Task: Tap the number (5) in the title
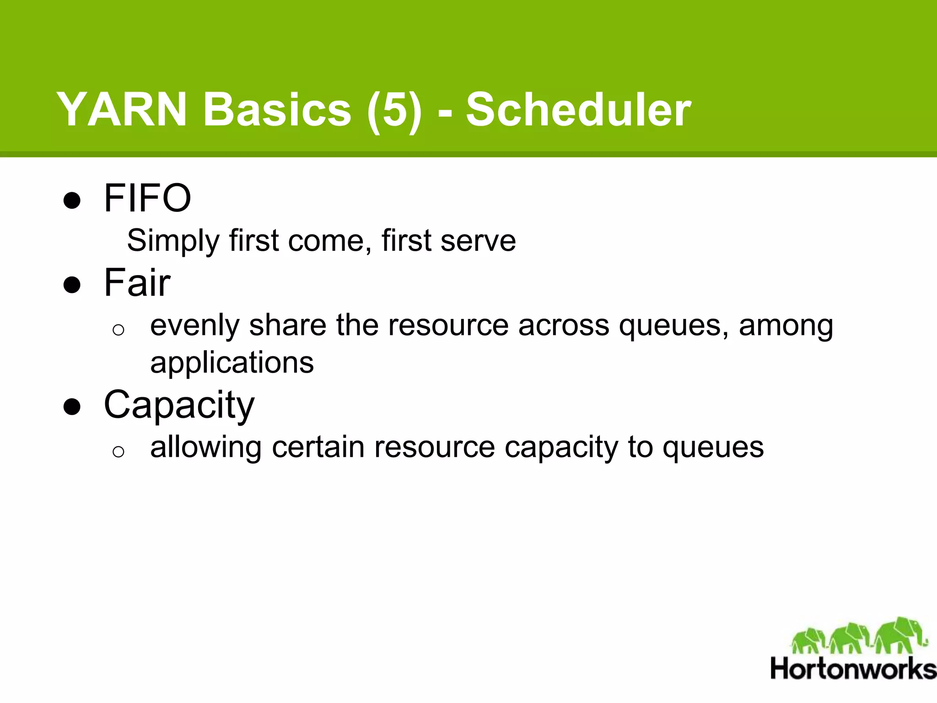pyautogui.click(x=394, y=110)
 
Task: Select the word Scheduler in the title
pyautogui.click(x=578, y=110)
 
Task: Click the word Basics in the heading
pyautogui.click(x=277, y=110)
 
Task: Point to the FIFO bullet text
pyautogui.click(x=147, y=198)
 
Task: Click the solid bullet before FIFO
pyautogui.click(x=72, y=200)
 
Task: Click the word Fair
pyautogui.click(x=137, y=282)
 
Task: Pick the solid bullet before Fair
pyautogui.click(x=72, y=285)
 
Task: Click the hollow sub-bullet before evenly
pyautogui.click(x=118, y=330)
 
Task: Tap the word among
pyautogui.click(x=786, y=326)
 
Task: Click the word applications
pyautogui.click(x=232, y=363)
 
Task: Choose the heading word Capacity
pyautogui.click(x=179, y=405)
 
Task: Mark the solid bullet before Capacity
pyautogui.click(x=72, y=406)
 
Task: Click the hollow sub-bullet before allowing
pyautogui.click(x=118, y=452)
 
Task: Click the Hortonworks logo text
pyautogui.click(x=853, y=669)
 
